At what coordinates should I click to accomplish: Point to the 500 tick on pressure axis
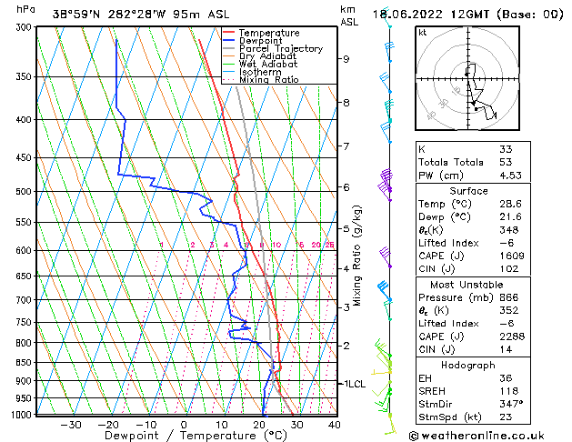coord(21,192)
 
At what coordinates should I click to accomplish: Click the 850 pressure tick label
coord(21,363)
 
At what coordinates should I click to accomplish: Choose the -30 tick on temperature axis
coord(71,425)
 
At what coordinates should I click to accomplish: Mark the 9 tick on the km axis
coord(346,59)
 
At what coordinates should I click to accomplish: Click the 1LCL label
coord(354,384)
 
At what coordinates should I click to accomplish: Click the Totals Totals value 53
coord(505,162)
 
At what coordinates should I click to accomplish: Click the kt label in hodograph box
coord(423,33)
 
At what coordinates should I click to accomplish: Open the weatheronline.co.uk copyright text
coord(492,435)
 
